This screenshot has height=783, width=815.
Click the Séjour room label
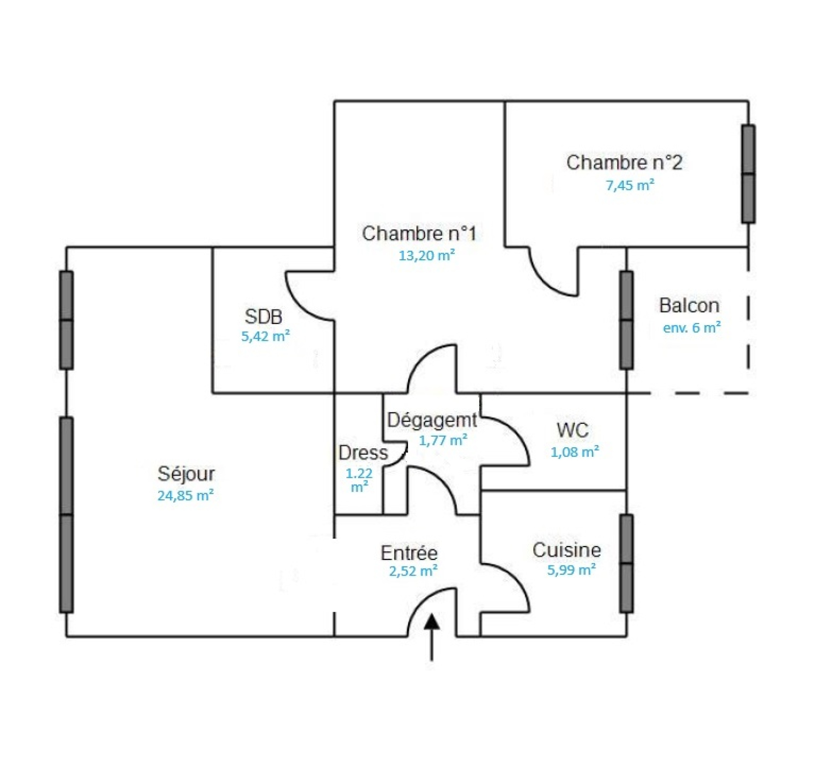click(x=186, y=474)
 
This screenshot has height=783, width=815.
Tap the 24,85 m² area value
click(x=185, y=495)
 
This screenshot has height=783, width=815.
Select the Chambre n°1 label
click(x=419, y=233)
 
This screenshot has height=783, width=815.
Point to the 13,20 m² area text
click(x=426, y=255)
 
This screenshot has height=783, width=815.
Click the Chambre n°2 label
click(x=624, y=163)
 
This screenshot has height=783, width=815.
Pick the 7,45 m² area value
click(x=630, y=185)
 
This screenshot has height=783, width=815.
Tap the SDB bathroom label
click(x=263, y=316)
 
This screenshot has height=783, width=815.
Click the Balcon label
click(x=689, y=305)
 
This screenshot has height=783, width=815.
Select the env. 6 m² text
click(x=692, y=327)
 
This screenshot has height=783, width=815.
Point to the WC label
click(x=573, y=430)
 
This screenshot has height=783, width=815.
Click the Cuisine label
click(x=566, y=550)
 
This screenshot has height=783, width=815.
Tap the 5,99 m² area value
click(x=572, y=570)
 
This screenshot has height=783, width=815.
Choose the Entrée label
click(x=409, y=553)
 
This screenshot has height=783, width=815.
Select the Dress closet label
click(x=363, y=452)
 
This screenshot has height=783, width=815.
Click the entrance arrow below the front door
click(x=432, y=637)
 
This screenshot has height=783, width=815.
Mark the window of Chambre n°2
click(x=748, y=174)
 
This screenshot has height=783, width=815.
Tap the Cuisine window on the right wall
click(x=627, y=563)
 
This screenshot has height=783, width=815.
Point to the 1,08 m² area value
click(x=575, y=451)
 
